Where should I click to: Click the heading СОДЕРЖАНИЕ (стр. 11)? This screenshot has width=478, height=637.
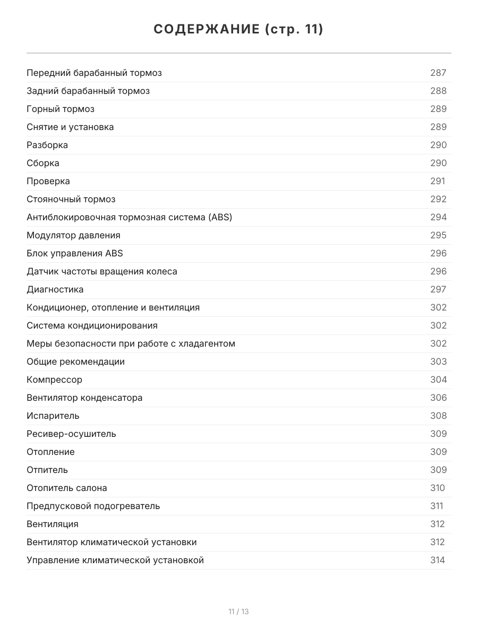coord(238,30)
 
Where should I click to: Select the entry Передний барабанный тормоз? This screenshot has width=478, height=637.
coord(94,73)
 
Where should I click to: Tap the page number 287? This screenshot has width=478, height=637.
coord(438,73)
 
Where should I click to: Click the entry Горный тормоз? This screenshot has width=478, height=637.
coord(61,109)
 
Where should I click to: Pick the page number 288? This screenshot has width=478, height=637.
coord(438,91)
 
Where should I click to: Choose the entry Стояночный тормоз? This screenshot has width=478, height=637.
coord(71,199)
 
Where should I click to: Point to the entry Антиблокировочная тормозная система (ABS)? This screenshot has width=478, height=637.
coord(129,217)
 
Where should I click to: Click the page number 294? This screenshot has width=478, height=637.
coord(438,217)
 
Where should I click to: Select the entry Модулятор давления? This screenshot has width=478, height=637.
coord(73,235)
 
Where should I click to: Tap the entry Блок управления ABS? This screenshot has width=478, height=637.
coord(74,253)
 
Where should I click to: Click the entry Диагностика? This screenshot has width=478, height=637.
coord(55,289)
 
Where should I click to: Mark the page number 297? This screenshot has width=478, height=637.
coord(438,289)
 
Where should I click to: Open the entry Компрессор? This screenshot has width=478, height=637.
coord(54,380)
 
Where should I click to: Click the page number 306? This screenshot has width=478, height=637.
coord(438,398)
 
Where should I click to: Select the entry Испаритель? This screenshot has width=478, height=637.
coord(53,416)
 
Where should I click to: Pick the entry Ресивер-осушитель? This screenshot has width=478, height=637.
coord(71,434)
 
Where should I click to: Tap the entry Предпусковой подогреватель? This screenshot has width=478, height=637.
coord(93,506)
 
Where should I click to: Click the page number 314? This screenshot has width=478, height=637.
coord(438,560)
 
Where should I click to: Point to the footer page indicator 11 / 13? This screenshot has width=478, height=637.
coord(238,612)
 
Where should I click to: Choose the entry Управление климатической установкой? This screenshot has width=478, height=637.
coord(115,560)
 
